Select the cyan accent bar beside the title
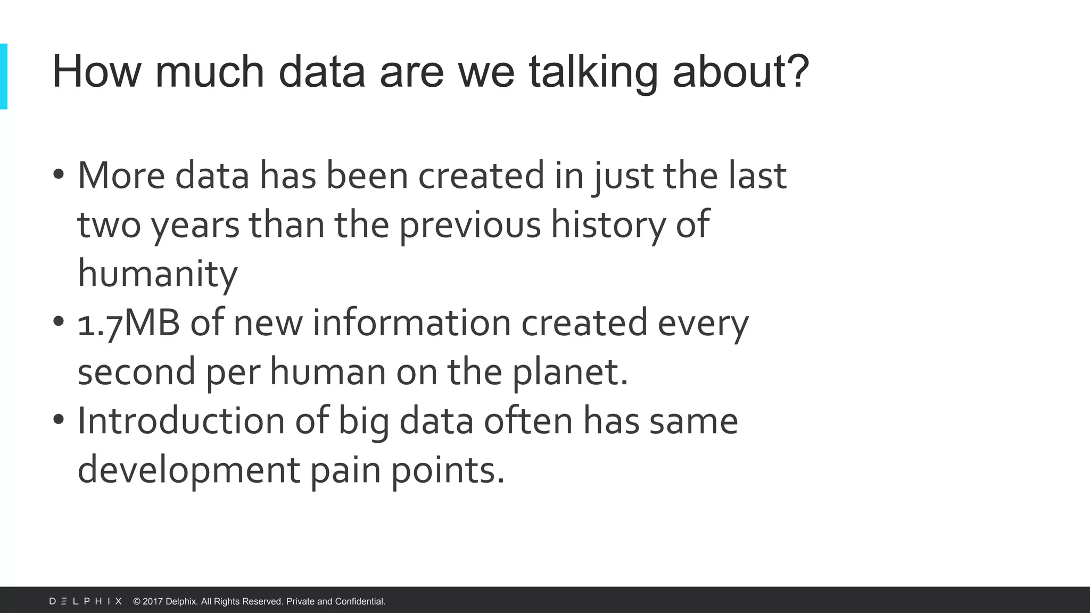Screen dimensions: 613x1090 coord(4,77)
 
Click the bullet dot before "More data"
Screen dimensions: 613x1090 coord(59,174)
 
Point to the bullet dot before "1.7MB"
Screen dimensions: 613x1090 coord(59,321)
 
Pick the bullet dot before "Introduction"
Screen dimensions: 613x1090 coord(59,419)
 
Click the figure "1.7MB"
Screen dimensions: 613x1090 coord(128,323)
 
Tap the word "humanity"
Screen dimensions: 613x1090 coord(158,274)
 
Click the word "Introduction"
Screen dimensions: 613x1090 coord(181,421)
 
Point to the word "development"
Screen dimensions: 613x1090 coord(189,470)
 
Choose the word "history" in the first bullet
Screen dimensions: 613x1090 coord(608,225)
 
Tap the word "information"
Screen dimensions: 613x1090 coord(411,323)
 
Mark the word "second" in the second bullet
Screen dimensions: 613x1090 coord(136,372)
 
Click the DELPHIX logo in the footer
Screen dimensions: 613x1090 coord(86,601)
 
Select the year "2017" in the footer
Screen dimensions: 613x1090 coord(152,601)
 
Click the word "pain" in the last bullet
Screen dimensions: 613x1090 coord(345,470)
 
